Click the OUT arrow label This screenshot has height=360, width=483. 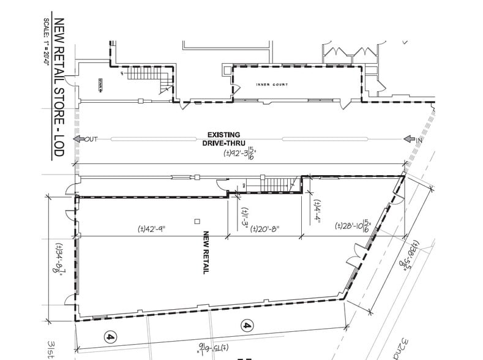coord(86,139)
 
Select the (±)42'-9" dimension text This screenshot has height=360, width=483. coord(153,229)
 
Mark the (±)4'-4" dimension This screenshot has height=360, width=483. coord(316,211)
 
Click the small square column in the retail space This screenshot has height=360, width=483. coord(197,220)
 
